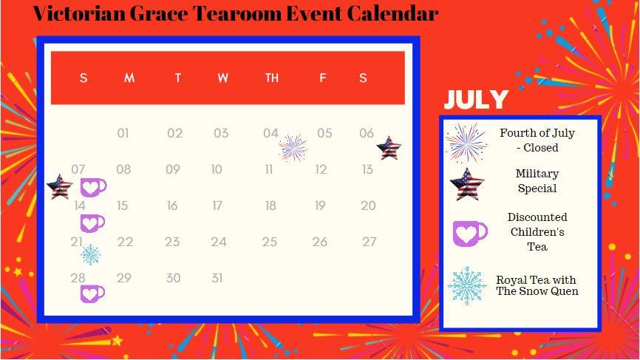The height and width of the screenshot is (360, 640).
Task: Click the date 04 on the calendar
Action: click(x=270, y=133)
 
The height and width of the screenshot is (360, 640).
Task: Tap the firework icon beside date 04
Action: click(x=293, y=148)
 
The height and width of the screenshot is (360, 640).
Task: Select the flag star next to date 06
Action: click(x=389, y=148)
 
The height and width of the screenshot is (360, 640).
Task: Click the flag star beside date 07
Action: click(x=60, y=186)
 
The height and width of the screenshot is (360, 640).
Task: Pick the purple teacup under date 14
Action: click(x=92, y=223)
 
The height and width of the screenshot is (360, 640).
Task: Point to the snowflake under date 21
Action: click(x=90, y=255)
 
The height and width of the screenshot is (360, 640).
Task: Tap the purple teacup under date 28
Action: click(x=92, y=294)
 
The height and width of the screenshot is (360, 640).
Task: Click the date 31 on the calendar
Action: click(x=217, y=279)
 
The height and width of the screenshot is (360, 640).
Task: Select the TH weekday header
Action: click(x=272, y=78)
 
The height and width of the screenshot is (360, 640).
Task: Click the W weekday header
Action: click(x=223, y=78)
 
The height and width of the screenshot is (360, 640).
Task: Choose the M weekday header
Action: click(x=129, y=78)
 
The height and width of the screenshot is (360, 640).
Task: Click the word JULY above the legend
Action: click(x=476, y=99)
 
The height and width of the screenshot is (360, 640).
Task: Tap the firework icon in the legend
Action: click(x=466, y=143)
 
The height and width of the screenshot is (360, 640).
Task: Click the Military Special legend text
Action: click(x=537, y=181)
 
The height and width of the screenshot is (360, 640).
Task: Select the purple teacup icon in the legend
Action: click(x=470, y=234)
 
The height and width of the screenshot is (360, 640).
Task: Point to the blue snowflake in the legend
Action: click(x=466, y=286)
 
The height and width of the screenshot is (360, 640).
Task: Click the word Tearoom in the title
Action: click(x=236, y=13)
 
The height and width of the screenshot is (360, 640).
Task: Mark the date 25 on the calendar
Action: click(x=270, y=242)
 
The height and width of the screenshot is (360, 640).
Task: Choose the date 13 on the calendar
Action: click(x=367, y=169)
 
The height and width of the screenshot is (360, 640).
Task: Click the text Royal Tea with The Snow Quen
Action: click(x=537, y=286)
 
